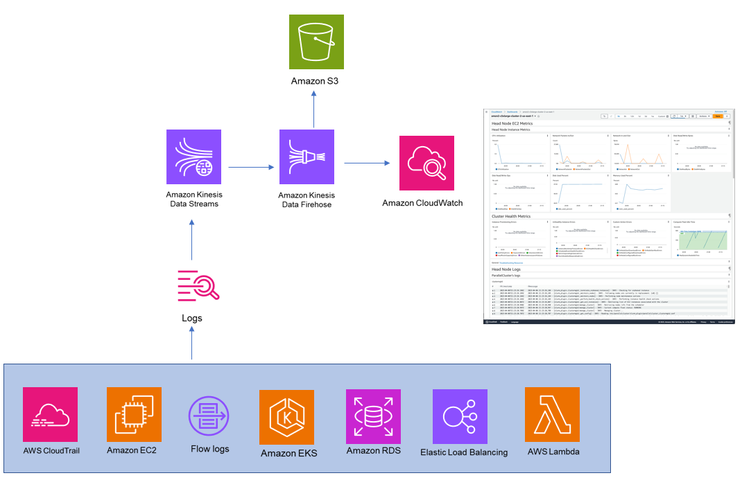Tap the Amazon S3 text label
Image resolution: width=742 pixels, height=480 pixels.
click(314, 82)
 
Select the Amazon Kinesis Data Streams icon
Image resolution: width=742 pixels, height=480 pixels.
click(193, 157)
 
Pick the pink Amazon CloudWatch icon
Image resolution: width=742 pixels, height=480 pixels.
click(426, 163)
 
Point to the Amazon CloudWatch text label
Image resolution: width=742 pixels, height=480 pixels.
click(422, 203)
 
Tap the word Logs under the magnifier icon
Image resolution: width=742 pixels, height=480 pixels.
click(192, 318)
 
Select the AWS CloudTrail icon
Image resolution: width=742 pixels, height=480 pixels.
click(50, 414)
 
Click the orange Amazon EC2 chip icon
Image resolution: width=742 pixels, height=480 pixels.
click(134, 414)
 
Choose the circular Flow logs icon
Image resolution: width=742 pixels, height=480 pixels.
click(209, 415)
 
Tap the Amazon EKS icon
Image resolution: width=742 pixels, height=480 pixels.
click(287, 417)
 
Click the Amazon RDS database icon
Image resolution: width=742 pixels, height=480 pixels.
click(373, 416)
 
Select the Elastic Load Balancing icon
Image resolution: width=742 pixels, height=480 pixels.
click(460, 416)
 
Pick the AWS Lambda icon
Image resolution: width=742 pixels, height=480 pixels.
click(552, 414)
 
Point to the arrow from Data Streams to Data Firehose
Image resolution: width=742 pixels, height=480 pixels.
click(250, 167)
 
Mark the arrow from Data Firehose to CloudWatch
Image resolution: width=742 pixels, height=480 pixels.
click(365, 163)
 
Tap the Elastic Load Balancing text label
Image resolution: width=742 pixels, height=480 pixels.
click(464, 452)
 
